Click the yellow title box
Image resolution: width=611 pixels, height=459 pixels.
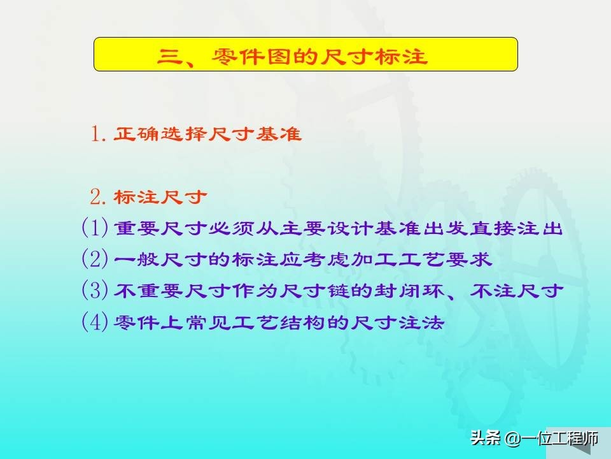click(x=305, y=54)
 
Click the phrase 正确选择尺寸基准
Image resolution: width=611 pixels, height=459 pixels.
click(x=207, y=134)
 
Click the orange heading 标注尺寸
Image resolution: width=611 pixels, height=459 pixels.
click(x=160, y=197)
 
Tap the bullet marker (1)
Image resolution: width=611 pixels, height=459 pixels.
click(x=95, y=228)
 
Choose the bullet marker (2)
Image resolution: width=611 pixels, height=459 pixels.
click(x=95, y=259)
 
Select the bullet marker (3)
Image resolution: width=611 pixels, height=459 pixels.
click(x=95, y=291)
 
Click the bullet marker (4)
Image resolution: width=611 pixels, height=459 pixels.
click(x=95, y=322)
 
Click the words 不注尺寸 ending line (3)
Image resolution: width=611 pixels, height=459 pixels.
click(x=516, y=291)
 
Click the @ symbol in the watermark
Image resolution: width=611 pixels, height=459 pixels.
click(x=512, y=439)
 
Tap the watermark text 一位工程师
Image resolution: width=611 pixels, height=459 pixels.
click(x=559, y=439)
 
